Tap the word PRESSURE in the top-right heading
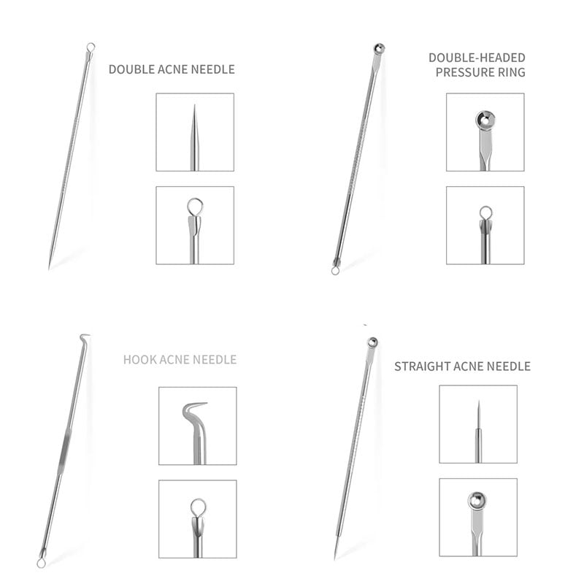[x=460, y=72]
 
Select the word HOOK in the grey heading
[x=137, y=359]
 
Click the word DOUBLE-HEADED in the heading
[x=477, y=58]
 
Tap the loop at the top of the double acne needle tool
[x=91, y=47]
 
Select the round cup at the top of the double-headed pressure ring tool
[x=379, y=48]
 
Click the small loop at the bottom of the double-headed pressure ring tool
[x=335, y=271]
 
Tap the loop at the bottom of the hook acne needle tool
[x=41, y=564]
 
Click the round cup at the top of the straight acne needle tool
[x=372, y=342]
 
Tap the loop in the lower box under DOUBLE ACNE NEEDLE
[x=195, y=207]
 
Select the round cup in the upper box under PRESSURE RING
[x=485, y=120]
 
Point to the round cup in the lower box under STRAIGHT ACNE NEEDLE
[x=477, y=500]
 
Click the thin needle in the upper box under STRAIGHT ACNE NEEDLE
[x=479, y=431]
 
